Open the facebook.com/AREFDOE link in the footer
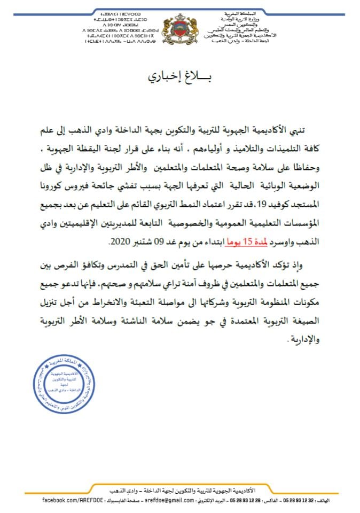coord(69,500)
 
